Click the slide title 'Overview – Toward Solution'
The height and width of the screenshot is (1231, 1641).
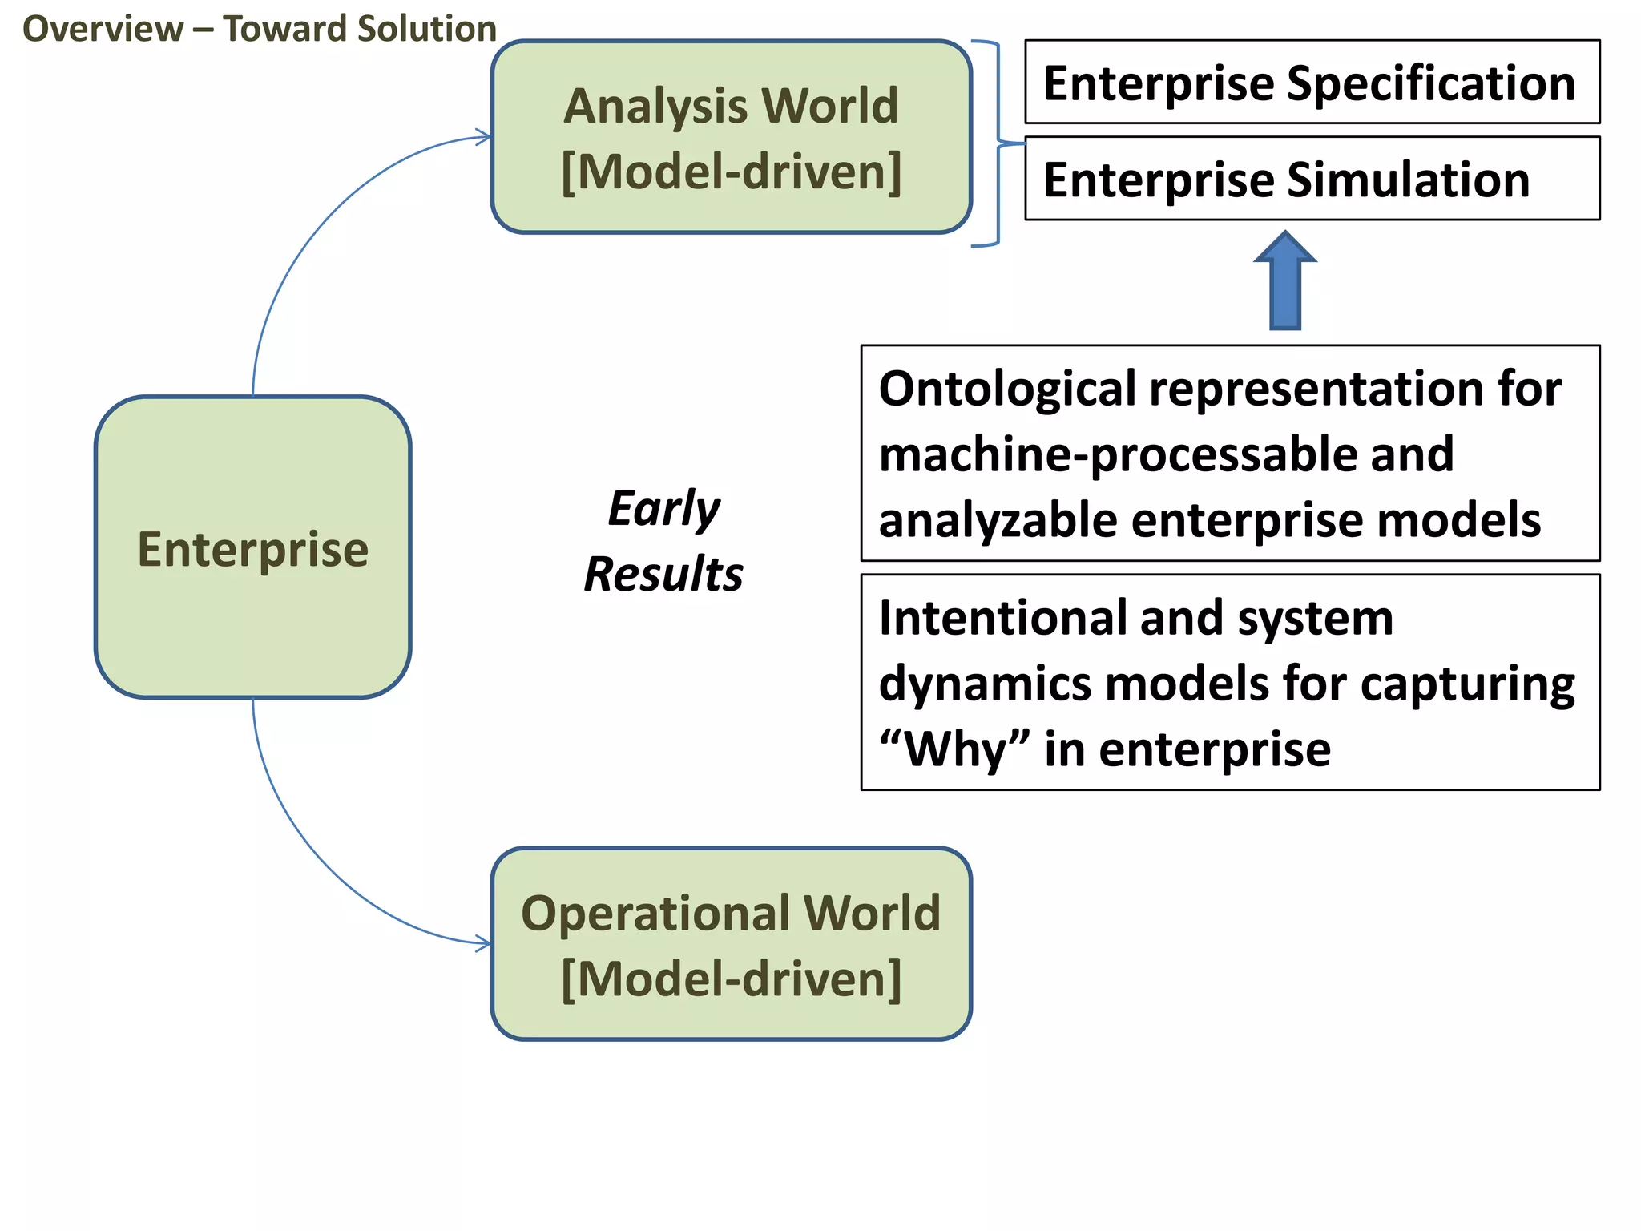[259, 30]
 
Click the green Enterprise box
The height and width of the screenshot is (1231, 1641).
[252, 547]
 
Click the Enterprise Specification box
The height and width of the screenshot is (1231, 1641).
[1312, 83]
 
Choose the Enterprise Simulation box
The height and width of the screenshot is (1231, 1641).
[1312, 179]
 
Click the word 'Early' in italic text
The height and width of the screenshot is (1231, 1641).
[663, 509]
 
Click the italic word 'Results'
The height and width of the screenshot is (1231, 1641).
[663, 575]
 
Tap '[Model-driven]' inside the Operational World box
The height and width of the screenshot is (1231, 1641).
[731, 979]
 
